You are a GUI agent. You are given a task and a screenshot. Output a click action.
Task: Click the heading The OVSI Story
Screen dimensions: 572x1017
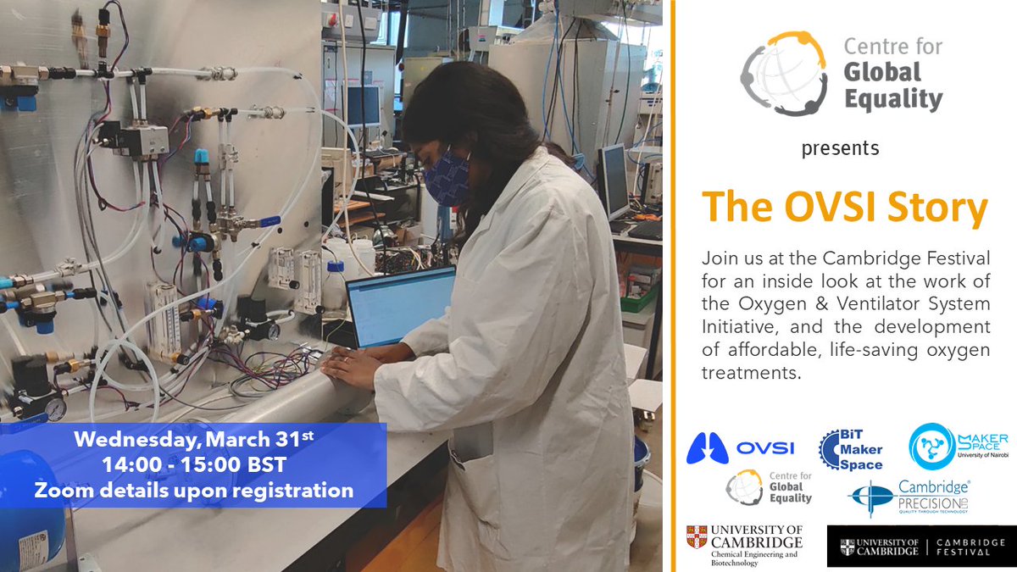coord(844,208)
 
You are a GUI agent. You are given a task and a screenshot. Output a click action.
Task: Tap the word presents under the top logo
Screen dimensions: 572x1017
coord(840,149)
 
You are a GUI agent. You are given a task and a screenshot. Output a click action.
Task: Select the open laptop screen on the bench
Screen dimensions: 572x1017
coord(401,306)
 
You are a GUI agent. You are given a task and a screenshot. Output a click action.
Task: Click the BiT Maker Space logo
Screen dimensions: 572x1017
coord(852,449)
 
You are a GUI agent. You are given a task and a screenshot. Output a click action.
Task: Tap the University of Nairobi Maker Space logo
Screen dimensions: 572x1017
coord(959,446)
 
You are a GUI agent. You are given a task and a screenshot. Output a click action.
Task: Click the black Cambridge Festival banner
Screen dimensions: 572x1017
coord(916,547)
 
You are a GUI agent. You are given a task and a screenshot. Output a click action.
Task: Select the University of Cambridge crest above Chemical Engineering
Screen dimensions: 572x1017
coord(697,536)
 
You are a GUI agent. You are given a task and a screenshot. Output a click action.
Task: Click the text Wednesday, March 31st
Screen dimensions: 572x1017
coord(193,441)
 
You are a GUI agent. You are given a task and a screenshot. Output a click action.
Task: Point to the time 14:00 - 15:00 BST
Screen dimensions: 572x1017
coord(193,464)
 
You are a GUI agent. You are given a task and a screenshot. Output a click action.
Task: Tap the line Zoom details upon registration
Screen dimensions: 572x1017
coord(193,489)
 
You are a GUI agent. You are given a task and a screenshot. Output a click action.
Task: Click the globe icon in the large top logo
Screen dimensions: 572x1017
coord(783,74)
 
